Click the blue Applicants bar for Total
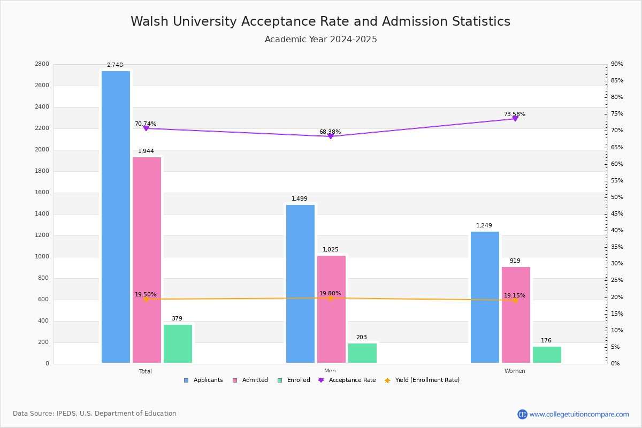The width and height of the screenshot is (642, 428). point(116,217)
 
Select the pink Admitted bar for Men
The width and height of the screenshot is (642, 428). point(331,309)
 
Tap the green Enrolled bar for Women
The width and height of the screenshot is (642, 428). point(547,355)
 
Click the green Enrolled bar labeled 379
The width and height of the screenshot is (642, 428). point(178,344)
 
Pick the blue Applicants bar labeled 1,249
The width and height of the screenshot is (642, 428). point(485,297)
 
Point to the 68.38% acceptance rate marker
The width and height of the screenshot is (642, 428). point(331,136)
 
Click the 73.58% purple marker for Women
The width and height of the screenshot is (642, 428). point(515,118)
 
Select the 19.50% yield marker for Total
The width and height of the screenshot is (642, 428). point(146,299)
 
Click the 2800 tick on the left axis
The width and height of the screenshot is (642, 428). point(42,64)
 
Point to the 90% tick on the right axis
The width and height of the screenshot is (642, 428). point(617,64)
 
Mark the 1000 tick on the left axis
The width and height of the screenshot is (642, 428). point(43,257)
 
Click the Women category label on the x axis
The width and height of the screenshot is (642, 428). point(515,371)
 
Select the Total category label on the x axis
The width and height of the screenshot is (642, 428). point(146,371)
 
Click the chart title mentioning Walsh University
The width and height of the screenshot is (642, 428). point(320,21)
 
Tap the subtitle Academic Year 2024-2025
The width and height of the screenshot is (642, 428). point(320,40)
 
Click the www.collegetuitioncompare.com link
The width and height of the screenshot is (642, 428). point(579,414)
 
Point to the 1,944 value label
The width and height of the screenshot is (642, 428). point(146,151)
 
